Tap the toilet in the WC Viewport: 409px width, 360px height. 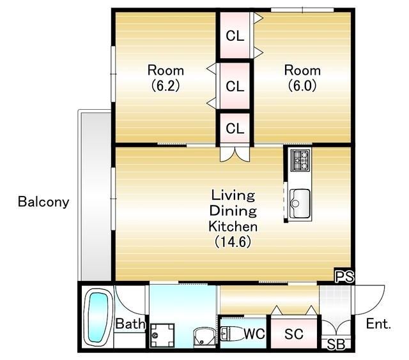point(231,333)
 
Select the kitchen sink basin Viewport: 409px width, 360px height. point(300,203)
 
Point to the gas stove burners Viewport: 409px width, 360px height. point(301,160)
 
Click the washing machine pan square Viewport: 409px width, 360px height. point(162,336)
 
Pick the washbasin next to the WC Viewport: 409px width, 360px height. point(204,337)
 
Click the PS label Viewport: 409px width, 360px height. point(344,276)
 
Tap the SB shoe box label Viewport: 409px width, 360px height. point(336,345)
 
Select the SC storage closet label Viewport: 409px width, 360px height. point(294,334)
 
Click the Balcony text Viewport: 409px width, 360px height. point(43,202)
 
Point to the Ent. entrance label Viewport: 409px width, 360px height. point(378,324)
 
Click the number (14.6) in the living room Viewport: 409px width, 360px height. point(233,242)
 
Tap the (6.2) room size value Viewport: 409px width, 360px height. point(166,86)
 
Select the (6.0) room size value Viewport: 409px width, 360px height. point(302,86)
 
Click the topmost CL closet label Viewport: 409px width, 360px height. point(235,36)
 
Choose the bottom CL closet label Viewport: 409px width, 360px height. point(235,128)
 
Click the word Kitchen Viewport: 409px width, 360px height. point(233,226)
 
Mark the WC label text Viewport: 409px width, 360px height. point(254,333)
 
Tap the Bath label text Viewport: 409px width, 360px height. point(130,324)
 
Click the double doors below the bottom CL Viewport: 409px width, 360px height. point(235,154)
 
